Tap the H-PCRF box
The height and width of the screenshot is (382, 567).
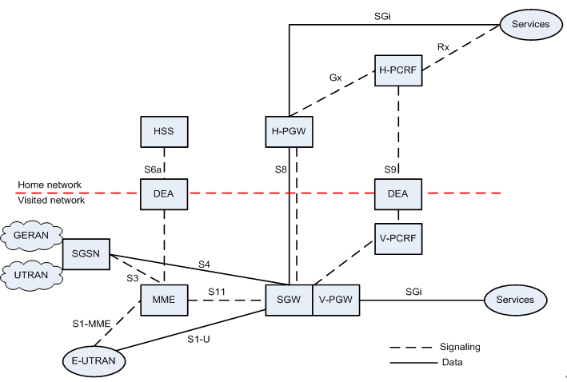coord(397,70)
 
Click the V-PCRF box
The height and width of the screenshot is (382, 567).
coord(398,237)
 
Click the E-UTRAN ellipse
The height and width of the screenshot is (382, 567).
coord(89,361)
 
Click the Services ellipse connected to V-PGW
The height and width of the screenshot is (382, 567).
coord(515,300)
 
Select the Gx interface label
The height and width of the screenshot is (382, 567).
coord(336,78)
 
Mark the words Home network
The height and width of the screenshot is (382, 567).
coord(50,185)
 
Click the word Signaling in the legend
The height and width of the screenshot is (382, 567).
coord(463,348)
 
